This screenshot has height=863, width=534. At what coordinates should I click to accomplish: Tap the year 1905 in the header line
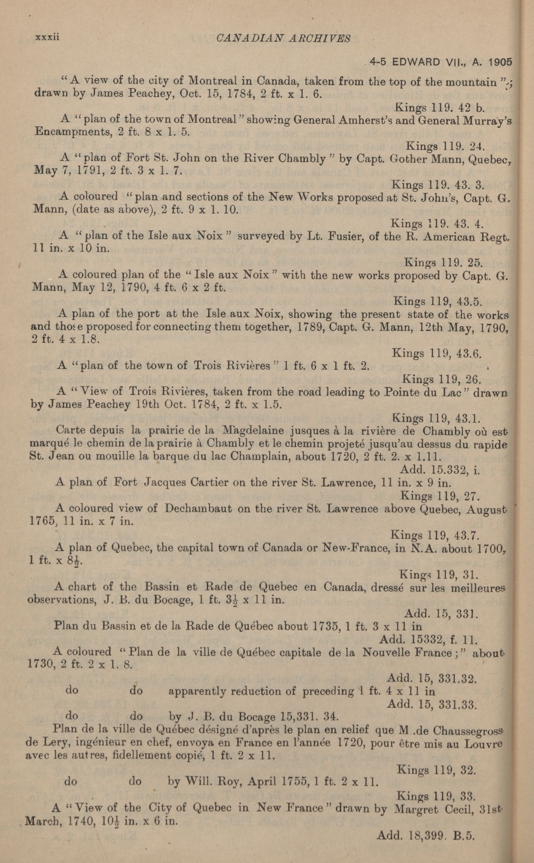499,62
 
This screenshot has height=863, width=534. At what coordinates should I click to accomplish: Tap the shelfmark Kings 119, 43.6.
437,353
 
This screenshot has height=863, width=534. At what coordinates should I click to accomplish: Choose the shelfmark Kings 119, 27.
439,496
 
